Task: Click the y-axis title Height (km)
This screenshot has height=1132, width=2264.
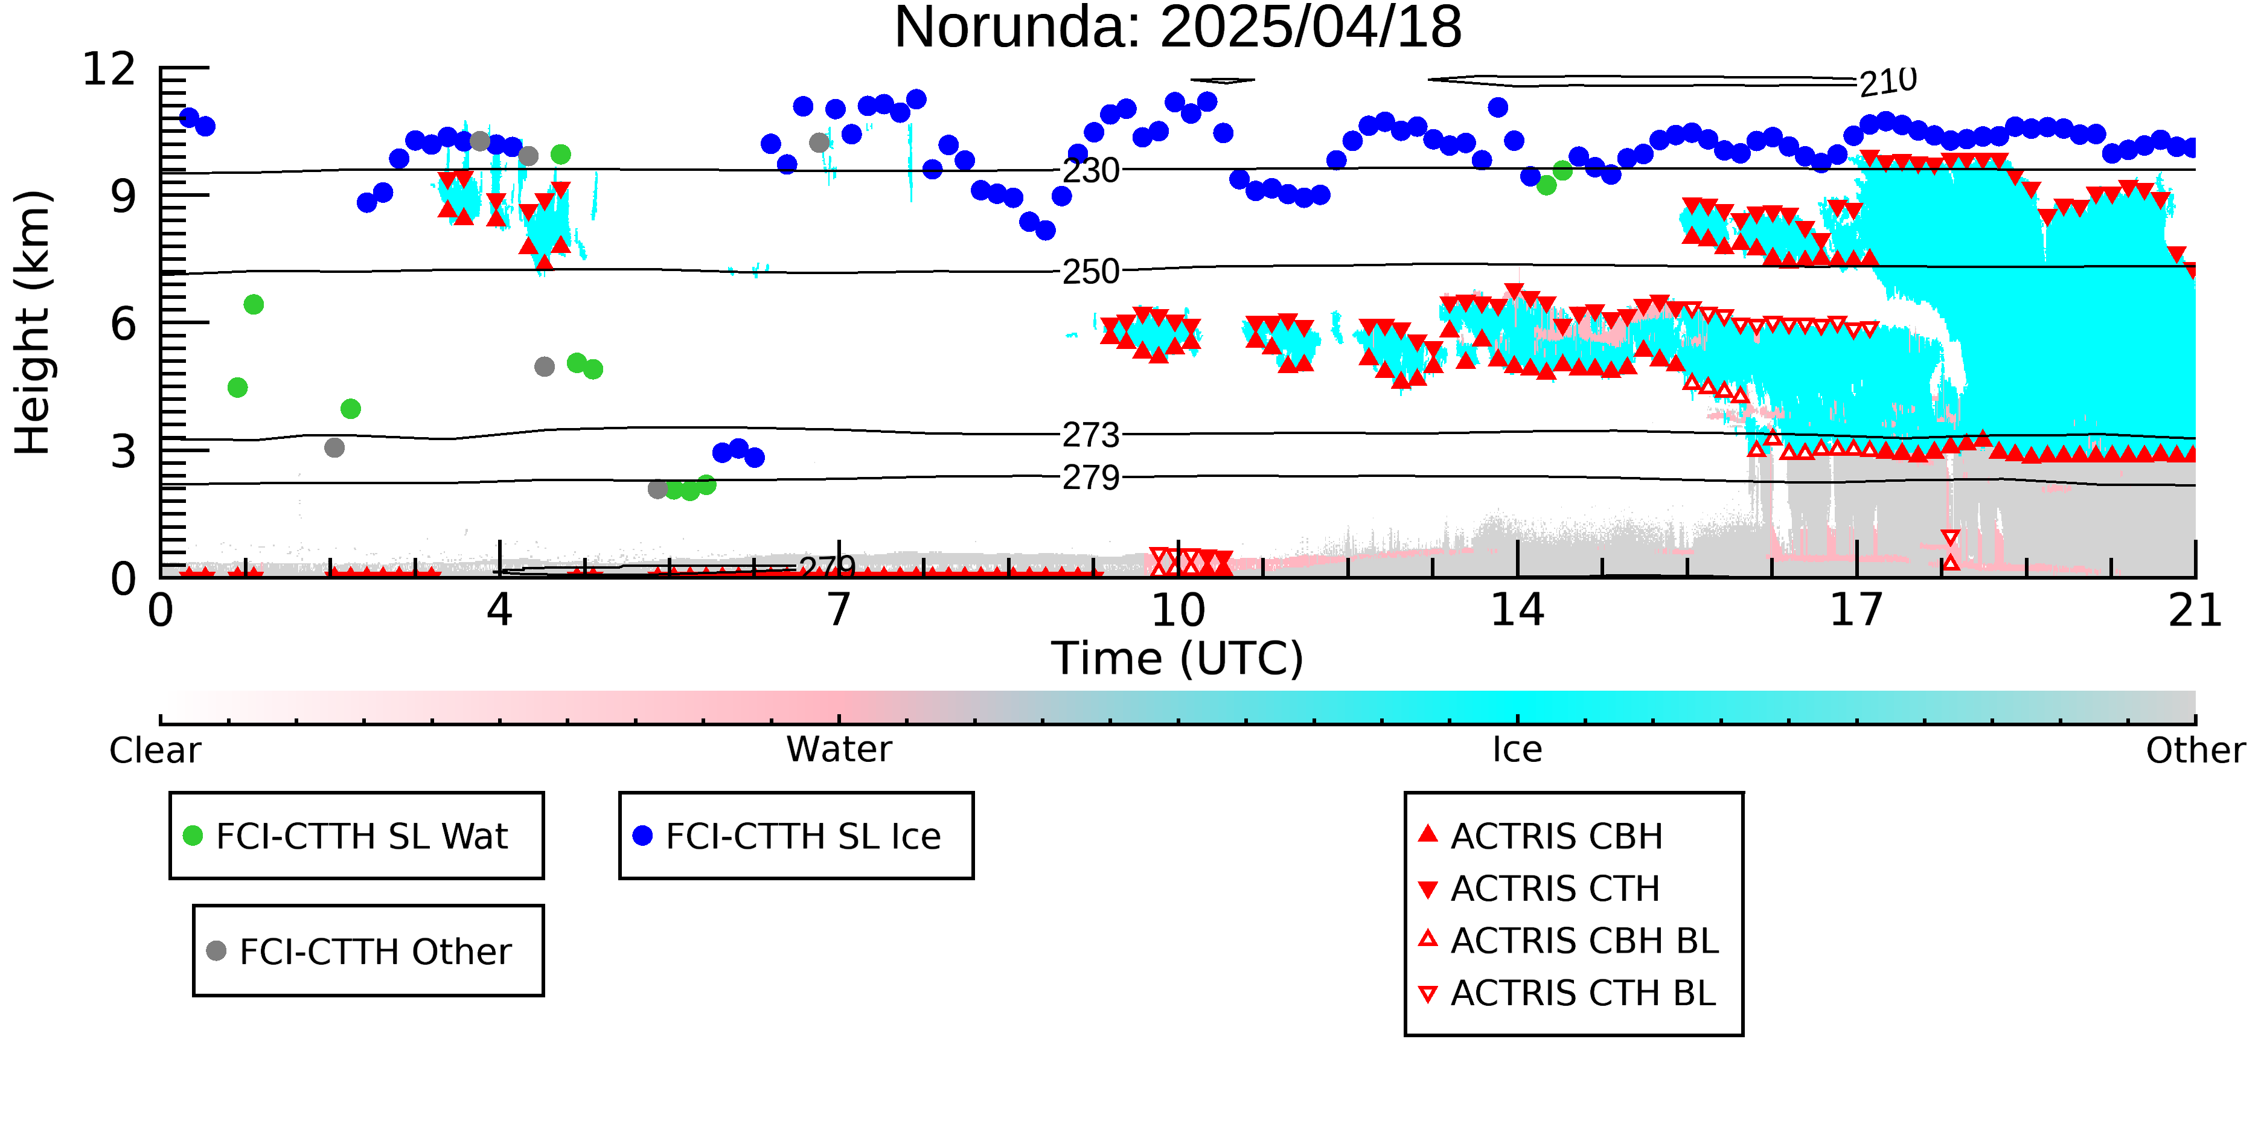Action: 33,322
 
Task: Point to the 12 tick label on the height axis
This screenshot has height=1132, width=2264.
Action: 109,69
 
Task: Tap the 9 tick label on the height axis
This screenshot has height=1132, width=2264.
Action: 124,196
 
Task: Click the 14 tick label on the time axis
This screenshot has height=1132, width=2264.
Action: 1517,610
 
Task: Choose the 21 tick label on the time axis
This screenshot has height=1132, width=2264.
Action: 2195,610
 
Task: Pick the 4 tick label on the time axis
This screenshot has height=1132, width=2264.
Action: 499,610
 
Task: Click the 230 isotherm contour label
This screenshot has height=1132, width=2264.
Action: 1091,170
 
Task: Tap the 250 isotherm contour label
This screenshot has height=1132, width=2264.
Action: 1091,272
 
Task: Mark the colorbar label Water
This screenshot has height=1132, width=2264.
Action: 839,750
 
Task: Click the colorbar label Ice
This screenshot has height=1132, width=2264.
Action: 1517,750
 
